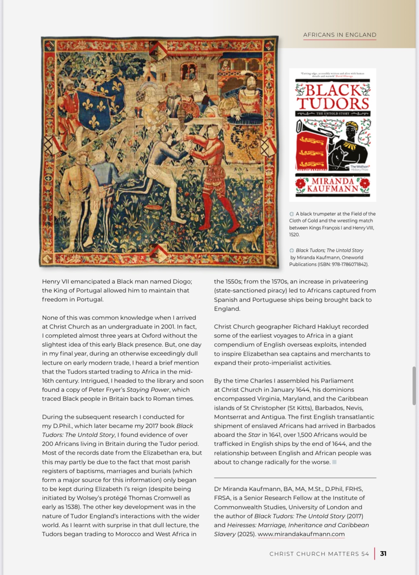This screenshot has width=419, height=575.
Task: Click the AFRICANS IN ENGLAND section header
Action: [x=339, y=35]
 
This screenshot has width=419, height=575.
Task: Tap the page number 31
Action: [x=383, y=554]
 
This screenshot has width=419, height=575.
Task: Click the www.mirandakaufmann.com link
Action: [x=301, y=534]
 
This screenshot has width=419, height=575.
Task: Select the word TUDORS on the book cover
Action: [x=333, y=104]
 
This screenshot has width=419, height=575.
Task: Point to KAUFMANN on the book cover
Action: [x=333, y=189]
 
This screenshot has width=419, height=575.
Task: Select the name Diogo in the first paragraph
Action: [x=182, y=282]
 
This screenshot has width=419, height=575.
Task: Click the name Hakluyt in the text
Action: [x=355, y=327]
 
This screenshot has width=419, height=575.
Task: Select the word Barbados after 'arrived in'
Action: [x=361, y=426]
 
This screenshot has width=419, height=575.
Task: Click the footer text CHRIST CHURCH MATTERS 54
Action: [x=319, y=554]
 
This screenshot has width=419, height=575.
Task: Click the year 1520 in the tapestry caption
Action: [x=294, y=235]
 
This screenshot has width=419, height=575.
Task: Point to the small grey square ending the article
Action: [x=334, y=462]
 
